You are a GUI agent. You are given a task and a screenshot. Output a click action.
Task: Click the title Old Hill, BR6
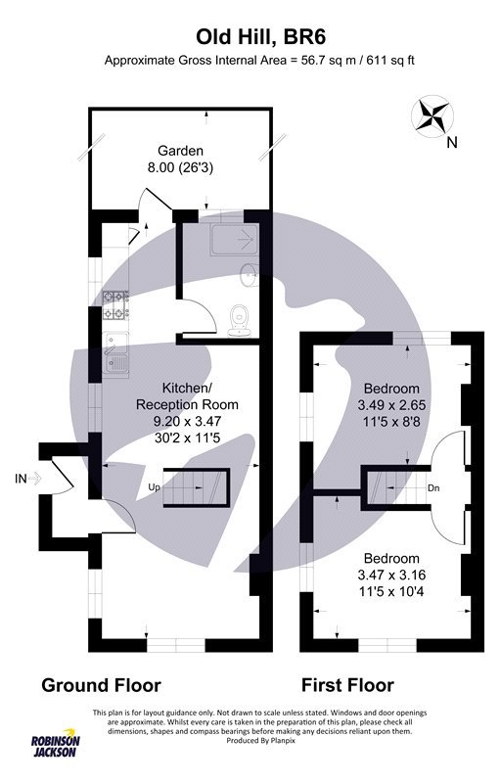260,37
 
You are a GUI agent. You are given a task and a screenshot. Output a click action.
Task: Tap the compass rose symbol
432,116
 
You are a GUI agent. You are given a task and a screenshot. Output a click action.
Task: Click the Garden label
181,151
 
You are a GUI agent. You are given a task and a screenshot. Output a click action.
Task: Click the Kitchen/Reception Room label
186,395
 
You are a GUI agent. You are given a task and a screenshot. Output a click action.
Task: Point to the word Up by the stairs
154,486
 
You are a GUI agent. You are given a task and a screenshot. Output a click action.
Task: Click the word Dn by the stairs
433,486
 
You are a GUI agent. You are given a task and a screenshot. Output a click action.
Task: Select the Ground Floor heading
101,685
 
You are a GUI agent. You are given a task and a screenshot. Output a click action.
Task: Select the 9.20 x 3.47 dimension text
187,421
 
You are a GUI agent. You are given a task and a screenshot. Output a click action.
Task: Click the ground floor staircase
195,487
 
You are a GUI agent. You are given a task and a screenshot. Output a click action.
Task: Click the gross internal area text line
260,60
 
